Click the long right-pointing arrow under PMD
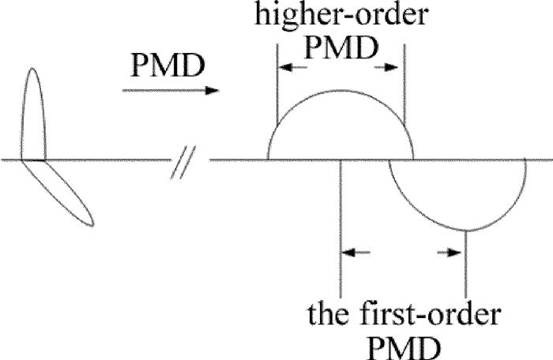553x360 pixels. [x=170, y=91]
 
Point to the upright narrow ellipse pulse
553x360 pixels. [x=33, y=114]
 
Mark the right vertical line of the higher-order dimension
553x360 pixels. [x=404, y=87]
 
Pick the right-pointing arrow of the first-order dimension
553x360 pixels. [x=450, y=253]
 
